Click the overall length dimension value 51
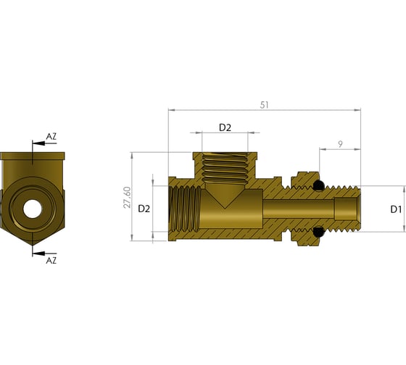pos(264,105)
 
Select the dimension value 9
pos(340,144)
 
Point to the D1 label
pos(395,209)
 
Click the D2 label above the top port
pos(225,127)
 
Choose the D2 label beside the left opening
pos(144,208)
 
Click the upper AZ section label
pos(51,136)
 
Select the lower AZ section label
pos(51,259)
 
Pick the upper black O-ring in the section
pos(318,187)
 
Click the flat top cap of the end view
pos(33,156)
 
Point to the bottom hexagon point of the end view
pos(33,243)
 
